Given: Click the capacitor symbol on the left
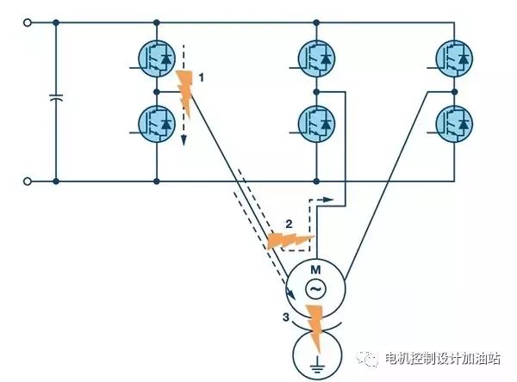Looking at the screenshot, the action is (x=56, y=97).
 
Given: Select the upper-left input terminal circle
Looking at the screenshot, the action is (x=28, y=22).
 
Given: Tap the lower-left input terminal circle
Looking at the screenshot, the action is (x=28, y=182).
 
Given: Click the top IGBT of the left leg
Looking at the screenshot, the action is (x=157, y=59).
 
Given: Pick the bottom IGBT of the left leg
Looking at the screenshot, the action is (x=157, y=124).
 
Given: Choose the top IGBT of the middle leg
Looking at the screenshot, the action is (x=316, y=59).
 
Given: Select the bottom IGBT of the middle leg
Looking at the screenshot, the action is (x=316, y=124).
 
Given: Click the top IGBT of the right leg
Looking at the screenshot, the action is (x=454, y=59).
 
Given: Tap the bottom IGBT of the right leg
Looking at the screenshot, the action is (x=454, y=124).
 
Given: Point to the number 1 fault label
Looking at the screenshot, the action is (x=201, y=77).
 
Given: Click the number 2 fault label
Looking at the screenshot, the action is (x=289, y=225).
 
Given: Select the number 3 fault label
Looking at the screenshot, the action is (x=285, y=317).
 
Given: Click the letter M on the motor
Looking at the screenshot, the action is (x=315, y=270).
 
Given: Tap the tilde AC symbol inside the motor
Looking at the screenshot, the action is (x=315, y=289).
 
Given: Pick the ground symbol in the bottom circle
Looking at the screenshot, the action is (x=317, y=364).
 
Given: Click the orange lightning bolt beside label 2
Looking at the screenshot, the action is (x=290, y=241).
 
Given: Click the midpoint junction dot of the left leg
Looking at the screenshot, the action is (x=157, y=92).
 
